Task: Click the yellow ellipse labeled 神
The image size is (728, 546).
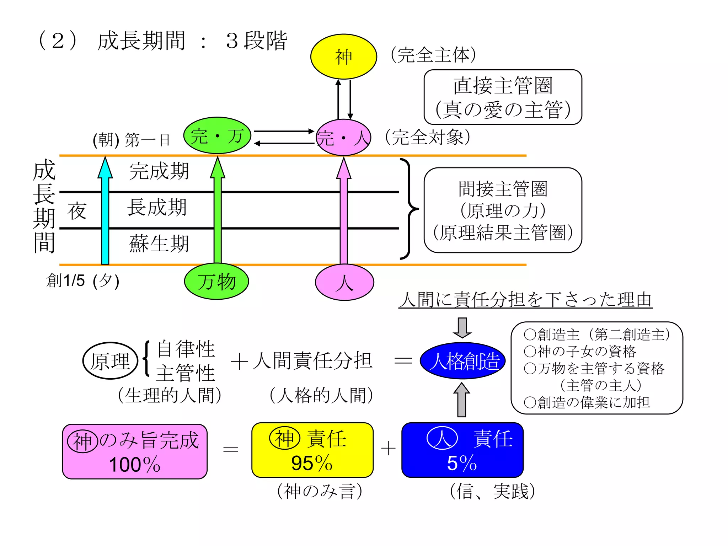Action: (343, 57)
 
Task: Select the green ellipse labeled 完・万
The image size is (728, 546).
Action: (217, 135)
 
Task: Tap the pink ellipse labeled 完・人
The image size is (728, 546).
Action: (343, 138)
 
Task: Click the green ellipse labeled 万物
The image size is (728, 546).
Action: (216, 282)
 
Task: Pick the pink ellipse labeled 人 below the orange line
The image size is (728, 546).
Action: (344, 282)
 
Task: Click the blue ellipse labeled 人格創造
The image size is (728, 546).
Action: (462, 361)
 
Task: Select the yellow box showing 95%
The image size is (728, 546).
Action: (312, 450)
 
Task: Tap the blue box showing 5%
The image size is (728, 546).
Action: (462, 450)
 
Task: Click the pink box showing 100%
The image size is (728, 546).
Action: (135, 451)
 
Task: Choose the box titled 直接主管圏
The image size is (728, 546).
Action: (503, 97)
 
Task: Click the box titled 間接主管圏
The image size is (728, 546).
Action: (503, 210)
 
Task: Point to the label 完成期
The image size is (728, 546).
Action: (159, 171)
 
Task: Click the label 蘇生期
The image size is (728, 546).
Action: (159, 244)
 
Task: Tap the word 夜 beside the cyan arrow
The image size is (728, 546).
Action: (77, 211)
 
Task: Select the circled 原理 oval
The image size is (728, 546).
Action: (110, 361)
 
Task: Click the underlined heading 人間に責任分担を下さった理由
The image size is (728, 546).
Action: (525, 299)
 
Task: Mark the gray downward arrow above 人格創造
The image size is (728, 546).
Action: (462, 327)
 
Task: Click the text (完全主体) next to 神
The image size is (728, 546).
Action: (433, 55)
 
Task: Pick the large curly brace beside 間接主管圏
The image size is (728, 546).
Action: (409, 209)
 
